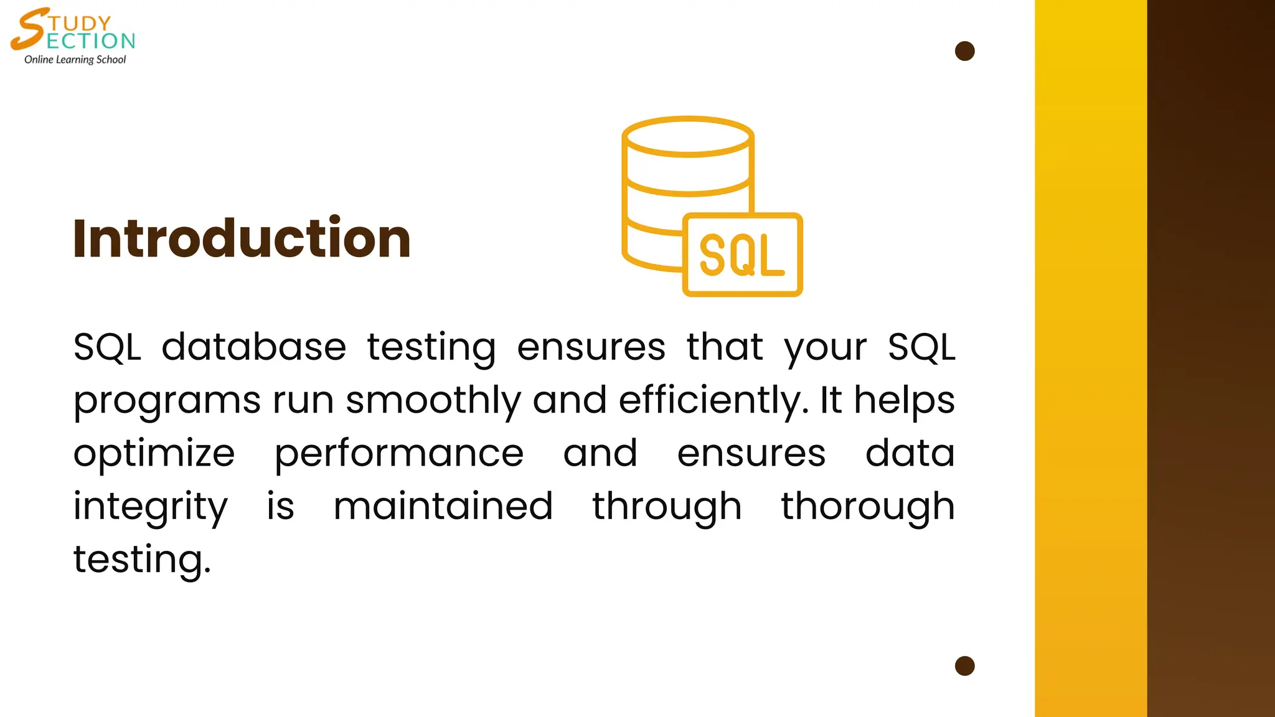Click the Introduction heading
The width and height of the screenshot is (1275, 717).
tap(242, 238)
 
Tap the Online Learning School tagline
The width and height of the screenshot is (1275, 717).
tap(75, 60)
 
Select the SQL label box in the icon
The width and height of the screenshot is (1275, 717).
tap(742, 255)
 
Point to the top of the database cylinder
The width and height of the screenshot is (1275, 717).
tap(688, 136)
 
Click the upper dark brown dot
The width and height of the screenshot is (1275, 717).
tap(964, 51)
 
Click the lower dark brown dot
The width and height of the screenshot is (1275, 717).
tap(964, 666)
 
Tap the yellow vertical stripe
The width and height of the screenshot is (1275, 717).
tap(1091, 358)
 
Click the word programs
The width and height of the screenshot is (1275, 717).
tap(167, 401)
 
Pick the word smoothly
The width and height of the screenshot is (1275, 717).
tap(433, 400)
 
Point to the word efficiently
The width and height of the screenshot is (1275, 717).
tap(713, 400)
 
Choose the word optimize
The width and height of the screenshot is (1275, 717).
tap(154, 454)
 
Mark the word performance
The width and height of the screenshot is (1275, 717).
tap(399, 454)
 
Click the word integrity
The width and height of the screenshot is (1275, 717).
tap(151, 507)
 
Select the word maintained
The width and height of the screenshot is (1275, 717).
tap(443, 506)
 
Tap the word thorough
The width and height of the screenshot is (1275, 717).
tap(868, 507)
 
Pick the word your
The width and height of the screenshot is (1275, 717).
tap(825, 348)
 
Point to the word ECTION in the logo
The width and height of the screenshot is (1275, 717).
tap(91, 41)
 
